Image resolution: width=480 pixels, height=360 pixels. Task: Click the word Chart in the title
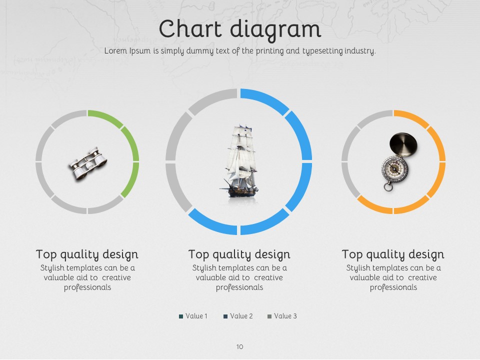(190, 28)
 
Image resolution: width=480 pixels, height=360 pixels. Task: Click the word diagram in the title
(275, 30)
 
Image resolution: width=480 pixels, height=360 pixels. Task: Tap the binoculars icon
(88, 163)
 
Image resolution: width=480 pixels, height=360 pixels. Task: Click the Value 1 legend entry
(193, 316)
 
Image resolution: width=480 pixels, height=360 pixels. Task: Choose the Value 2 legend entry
(238, 316)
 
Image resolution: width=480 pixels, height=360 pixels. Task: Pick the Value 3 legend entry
(282, 316)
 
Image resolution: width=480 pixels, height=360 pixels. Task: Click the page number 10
(239, 346)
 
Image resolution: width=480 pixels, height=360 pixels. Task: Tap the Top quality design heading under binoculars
(87, 254)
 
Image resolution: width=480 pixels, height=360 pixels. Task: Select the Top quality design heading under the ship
(239, 254)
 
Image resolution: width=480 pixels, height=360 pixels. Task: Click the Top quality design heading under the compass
(393, 254)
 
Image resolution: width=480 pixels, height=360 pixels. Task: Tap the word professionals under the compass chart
(393, 287)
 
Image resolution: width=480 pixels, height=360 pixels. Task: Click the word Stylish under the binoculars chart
(52, 268)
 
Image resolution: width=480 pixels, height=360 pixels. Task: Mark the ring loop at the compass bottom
(388, 186)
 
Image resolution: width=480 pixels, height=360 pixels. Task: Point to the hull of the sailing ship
(242, 191)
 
